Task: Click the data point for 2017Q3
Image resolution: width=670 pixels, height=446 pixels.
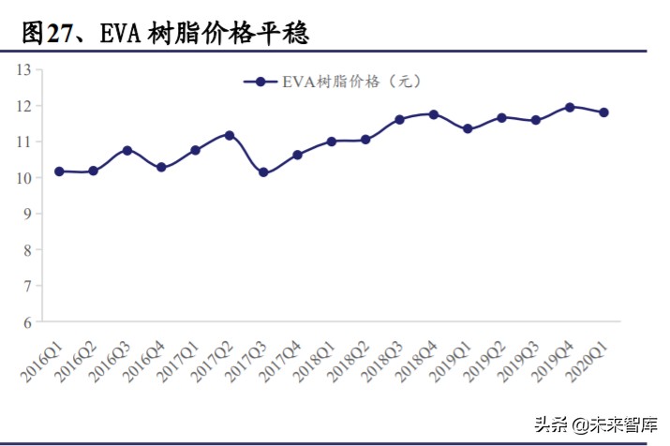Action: [263, 172]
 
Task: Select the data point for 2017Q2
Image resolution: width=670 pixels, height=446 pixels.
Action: [230, 135]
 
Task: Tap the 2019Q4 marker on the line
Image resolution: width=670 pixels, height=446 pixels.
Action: [570, 107]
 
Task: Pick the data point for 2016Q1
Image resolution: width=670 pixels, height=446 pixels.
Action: [59, 171]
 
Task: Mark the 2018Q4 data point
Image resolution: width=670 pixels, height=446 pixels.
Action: [434, 114]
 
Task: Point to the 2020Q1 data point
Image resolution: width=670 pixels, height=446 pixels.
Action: [603, 112]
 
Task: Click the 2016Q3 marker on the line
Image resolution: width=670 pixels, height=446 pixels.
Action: [127, 150]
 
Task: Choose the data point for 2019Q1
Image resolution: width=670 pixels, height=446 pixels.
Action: [468, 129]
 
